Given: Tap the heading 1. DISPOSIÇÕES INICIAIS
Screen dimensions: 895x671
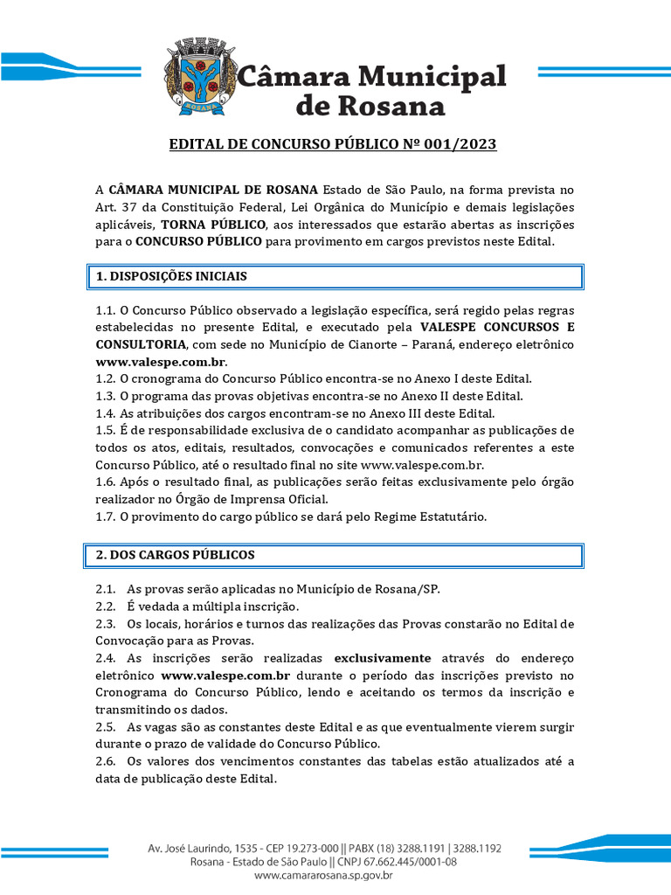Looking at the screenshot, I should tap(171, 276).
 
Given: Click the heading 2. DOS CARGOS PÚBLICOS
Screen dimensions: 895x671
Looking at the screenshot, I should tap(175, 555).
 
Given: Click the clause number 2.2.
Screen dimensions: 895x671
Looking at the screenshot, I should tap(106, 606).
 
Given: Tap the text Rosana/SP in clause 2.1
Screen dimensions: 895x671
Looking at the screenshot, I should tap(411, 589).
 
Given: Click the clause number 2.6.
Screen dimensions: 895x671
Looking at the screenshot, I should tap(106, 761).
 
